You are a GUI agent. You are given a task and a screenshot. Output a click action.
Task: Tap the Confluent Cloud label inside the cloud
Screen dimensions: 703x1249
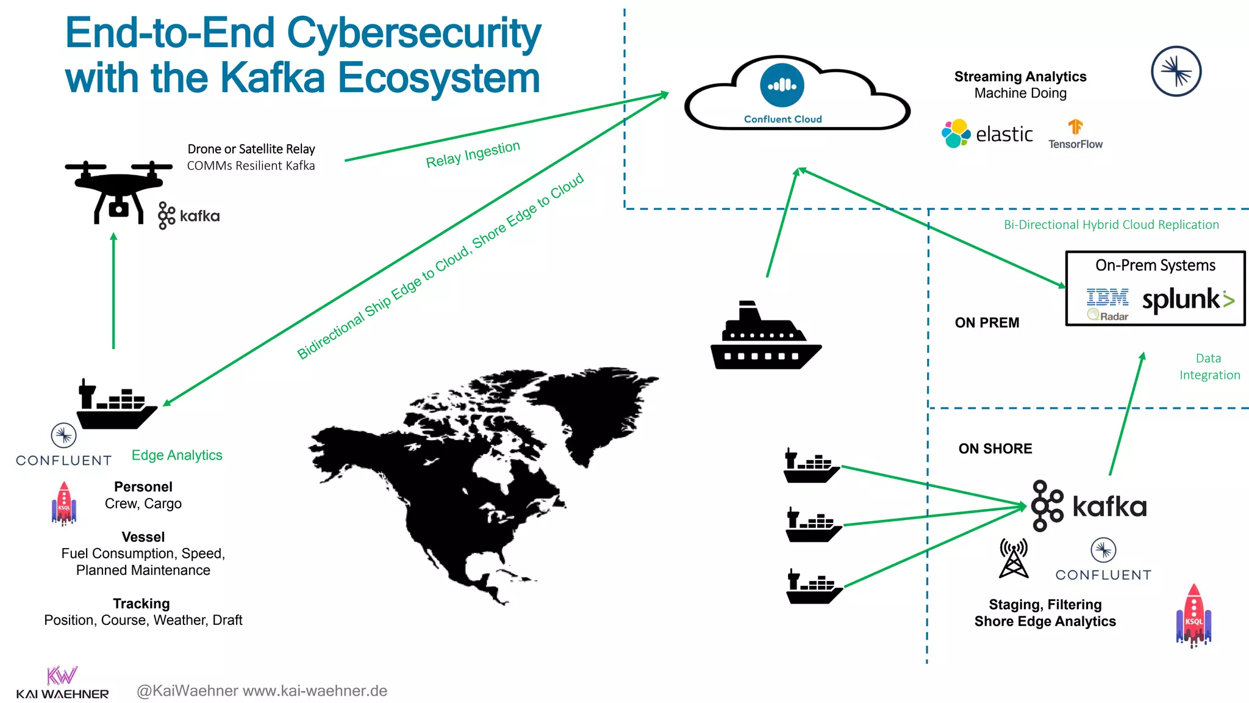click(x=782, y=119)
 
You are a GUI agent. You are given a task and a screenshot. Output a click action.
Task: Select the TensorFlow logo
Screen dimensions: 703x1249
click(x=1075, y=135)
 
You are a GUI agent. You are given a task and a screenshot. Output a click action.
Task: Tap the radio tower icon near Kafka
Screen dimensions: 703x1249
click(x=1014, y=558)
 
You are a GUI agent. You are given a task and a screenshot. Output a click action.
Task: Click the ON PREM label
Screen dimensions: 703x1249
click(x=987, y=323)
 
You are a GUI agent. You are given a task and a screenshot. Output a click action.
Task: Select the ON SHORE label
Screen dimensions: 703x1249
click(x=995, y=449)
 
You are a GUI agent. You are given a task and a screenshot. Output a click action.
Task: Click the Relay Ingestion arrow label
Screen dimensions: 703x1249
click(x=473, y=154)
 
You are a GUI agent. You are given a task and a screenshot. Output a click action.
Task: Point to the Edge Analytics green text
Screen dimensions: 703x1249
click(x=177, y=455)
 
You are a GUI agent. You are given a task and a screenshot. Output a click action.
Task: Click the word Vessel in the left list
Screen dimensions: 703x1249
click(x=143, y=537)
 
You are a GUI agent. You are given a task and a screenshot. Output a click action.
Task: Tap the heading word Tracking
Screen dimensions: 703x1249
click(x=141, y=604)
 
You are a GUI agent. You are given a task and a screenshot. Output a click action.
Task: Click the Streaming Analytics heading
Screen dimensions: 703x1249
click(x=1020, y=77)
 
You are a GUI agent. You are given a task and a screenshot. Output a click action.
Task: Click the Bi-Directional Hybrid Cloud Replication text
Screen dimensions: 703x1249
click(x=1111, y=225)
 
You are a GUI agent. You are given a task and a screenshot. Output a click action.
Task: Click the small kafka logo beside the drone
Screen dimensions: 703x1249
click(x=188, y=216)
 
